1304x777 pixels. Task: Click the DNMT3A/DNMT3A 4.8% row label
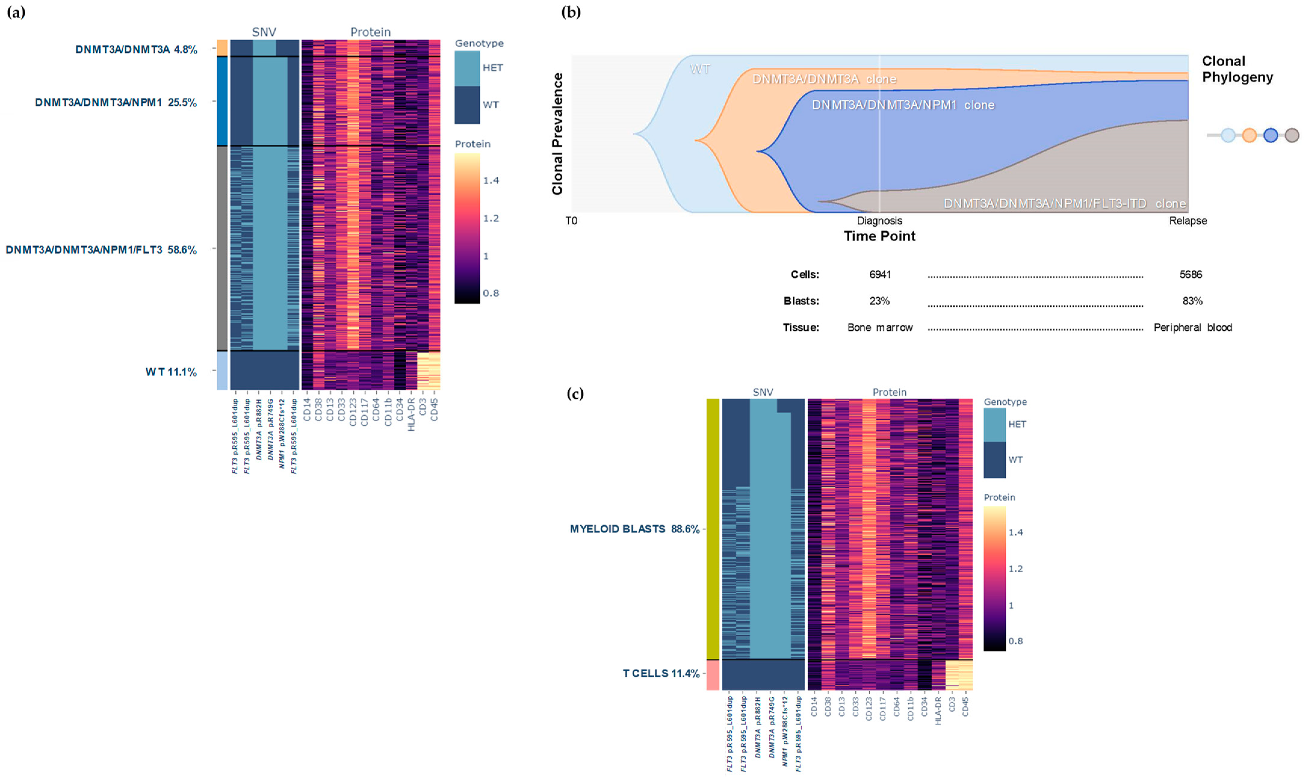136,50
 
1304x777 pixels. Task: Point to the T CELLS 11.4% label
661,673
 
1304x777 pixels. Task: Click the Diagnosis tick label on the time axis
879,221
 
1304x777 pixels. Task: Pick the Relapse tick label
1188,221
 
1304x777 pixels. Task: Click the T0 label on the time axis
571,221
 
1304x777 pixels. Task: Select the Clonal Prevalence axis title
558,134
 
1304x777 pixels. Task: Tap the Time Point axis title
879,236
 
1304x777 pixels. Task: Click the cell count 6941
880,274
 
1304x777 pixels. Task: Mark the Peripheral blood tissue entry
1192,328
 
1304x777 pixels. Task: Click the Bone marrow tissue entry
880,328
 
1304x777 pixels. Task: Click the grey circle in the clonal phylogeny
1291,135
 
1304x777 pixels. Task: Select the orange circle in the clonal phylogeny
1249,135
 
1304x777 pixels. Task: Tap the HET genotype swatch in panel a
467,68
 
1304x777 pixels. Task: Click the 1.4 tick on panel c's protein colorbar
1016,532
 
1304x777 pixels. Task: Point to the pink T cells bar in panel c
712,675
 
